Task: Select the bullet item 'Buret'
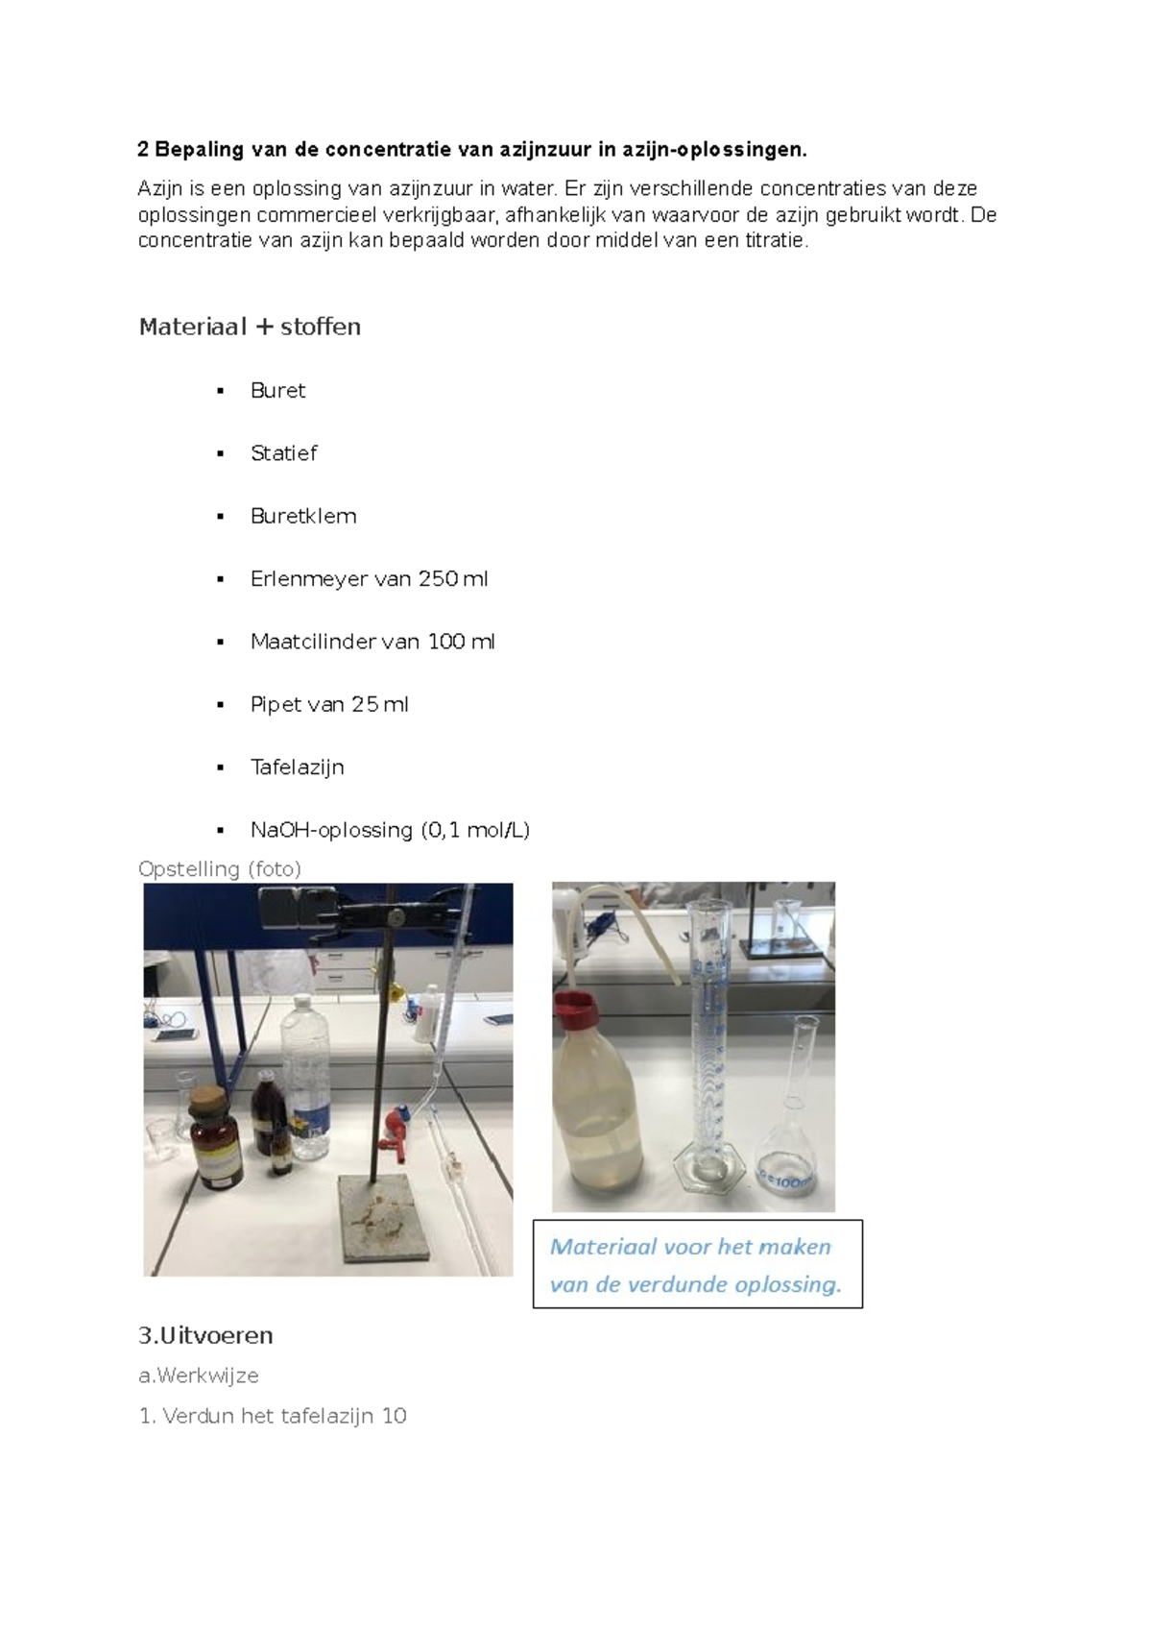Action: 277,391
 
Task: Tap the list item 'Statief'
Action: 284,453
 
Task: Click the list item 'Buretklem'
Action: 303,516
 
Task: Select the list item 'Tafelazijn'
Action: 297,767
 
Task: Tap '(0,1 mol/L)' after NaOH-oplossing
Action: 475,830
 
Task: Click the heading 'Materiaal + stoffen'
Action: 250,327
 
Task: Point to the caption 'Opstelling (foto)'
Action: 219,868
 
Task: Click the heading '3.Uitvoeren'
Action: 205,1335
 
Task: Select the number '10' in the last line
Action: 394,1416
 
